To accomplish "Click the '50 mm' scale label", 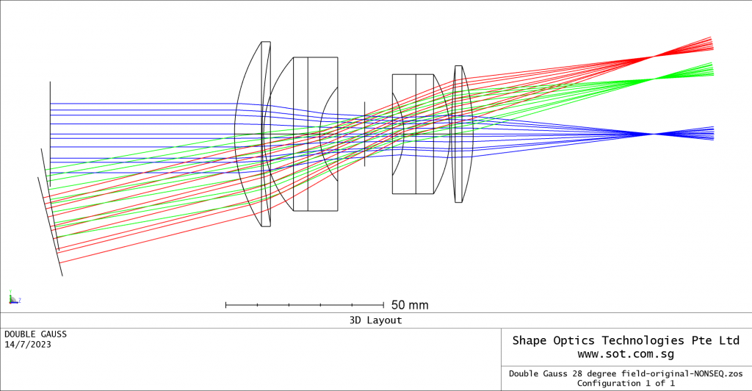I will pyautogui.click(x=410, y=305).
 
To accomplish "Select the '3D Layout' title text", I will pyautogui.click(x=375, y=320).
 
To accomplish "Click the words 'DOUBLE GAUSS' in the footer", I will pyautogui.click(x=35, y=334).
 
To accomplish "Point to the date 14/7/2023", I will pyautogui.click(x=28, y=345).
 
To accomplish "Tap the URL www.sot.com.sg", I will pyautogui.click(x=626, y=354).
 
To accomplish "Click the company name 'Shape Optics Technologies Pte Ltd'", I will pyautogui.click(x=626, y=340).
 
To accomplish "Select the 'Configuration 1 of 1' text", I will pyautogui.click(x=626, y=383).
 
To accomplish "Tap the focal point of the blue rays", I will pyautogui.click(x=653, y=134).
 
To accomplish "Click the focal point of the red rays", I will pyautogui.click(x=652, y=57).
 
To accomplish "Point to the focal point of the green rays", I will pyautogui.click(x=651, y=79).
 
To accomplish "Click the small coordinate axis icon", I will pyautogui.click(x=12, y=298).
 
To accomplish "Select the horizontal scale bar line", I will pyautogui.click(x=304, y=304).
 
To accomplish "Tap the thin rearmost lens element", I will pyautogui.click(x=459, y=134).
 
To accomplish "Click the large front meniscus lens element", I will pyautogui.click(x=253, y=134).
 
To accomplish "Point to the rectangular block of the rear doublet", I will pyautogui.click(x=413, y=134).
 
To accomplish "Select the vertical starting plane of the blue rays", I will pyautogui.click(x=50, y=132).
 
